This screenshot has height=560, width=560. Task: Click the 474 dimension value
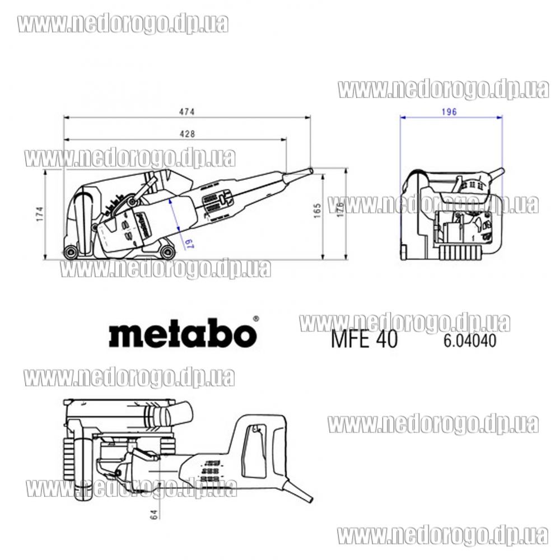(x=187, y=112)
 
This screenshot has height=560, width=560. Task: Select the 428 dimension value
(x=187, y=134)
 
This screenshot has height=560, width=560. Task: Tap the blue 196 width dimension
(x=449, y=112)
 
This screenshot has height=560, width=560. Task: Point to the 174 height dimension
(x=40, y=213)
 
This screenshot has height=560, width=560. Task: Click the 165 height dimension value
(x=317, y=211)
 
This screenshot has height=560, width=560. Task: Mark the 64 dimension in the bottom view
(x=154, y=515)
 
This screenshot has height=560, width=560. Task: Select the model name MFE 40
(x=364, y=339)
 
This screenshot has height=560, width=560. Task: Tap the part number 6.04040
(x=470, y=340)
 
